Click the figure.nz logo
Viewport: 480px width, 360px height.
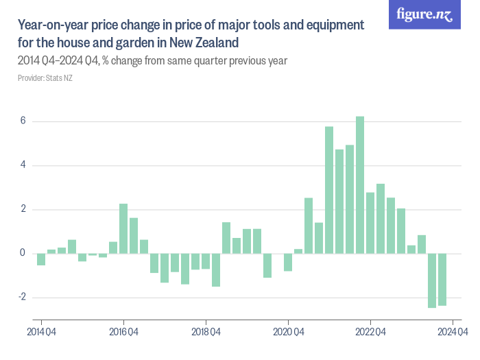point(424,14)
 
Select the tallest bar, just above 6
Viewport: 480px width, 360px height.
point(360,185)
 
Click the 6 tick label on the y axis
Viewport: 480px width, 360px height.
point(23,121)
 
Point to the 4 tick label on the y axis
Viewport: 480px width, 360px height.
point(23,165)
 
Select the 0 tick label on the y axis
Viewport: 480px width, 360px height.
point(23,254)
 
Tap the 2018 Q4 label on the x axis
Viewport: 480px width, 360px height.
point(206,333)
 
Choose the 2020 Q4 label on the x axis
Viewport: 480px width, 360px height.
point(288,333)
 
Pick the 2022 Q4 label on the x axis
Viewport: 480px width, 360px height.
point(370,333)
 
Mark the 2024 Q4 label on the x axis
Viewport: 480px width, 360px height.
point(453,333)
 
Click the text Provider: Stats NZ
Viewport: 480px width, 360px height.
point(45,78)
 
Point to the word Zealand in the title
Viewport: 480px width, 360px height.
point(215,43)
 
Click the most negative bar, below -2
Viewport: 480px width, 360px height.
point(432,280)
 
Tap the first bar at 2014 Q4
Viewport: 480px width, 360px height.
point(41,259)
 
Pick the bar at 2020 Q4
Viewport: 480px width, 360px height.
point(288,262)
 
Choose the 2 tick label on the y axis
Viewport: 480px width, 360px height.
point(23,210)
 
